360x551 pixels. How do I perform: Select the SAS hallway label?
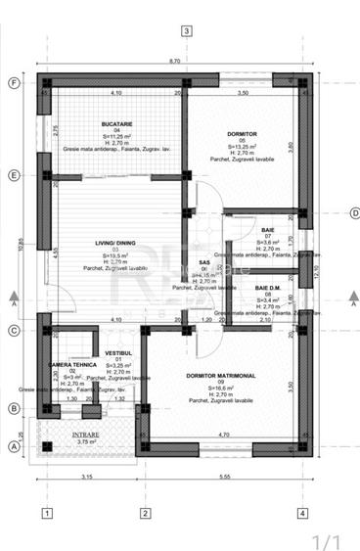[204, 262]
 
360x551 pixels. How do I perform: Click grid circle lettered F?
[14, 83]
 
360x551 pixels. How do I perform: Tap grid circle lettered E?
[14, 176]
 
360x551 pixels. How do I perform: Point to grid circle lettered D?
[354, 213]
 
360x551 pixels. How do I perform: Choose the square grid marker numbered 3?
[186, 30]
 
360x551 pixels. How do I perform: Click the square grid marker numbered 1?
[46, 512]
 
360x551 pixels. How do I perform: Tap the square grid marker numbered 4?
[302, 512]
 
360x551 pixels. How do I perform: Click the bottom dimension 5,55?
[225, 477]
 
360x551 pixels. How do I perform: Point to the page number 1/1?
[326, 539]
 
